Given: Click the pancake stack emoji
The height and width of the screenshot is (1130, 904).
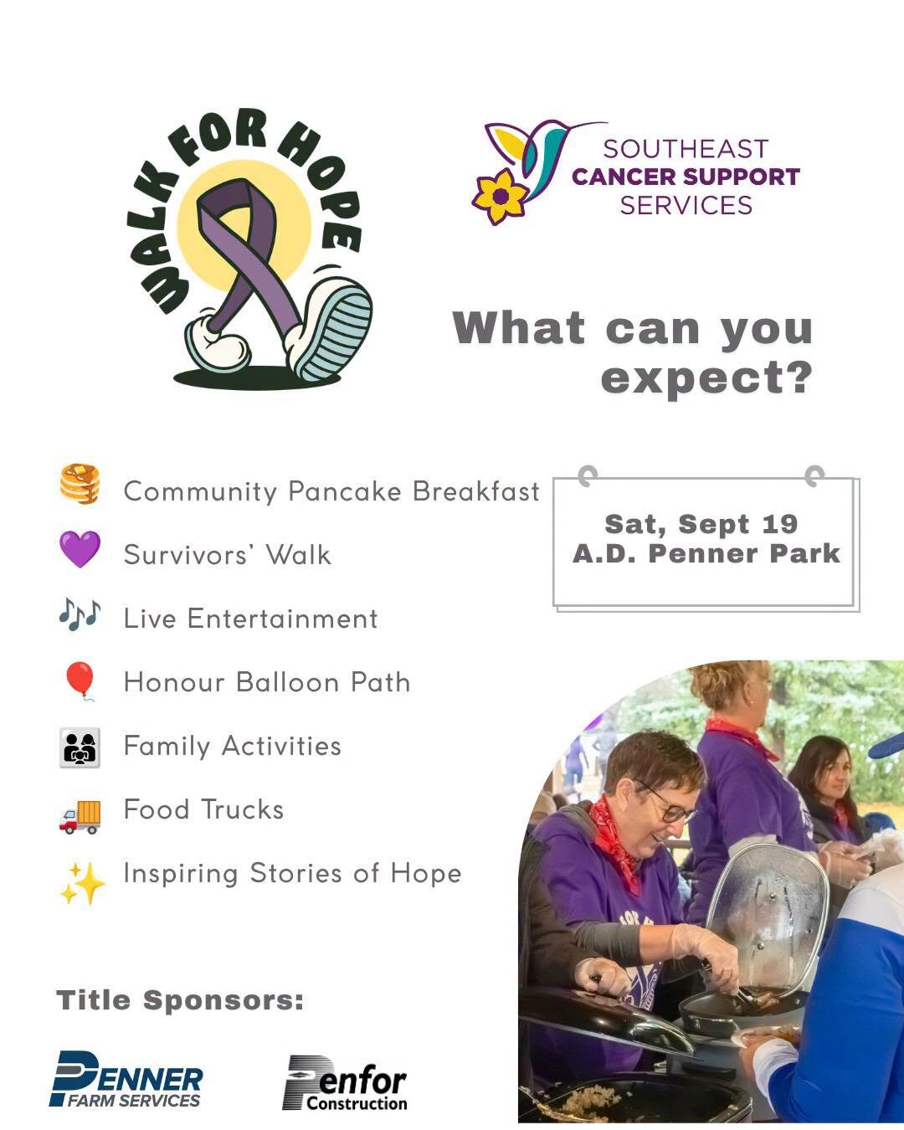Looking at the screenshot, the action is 80,484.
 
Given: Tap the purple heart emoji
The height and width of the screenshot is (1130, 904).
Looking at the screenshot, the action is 80,549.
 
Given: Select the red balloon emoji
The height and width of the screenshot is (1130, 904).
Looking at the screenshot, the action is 80,681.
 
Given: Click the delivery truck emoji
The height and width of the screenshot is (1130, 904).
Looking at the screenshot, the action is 80,817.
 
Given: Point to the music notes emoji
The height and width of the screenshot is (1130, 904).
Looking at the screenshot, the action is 80,614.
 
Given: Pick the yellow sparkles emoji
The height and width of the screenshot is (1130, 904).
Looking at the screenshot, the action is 82,883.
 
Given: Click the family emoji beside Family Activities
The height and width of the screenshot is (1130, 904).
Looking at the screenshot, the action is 80,747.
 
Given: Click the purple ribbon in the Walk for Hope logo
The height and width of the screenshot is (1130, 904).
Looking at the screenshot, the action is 247,252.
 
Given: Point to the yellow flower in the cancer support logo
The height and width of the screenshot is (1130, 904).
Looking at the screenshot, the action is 500,197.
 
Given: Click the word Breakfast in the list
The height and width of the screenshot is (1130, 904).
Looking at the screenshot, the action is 476,491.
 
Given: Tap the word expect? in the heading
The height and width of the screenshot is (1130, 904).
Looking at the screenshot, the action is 706,378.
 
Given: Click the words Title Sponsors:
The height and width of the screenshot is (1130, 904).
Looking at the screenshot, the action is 180,999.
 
